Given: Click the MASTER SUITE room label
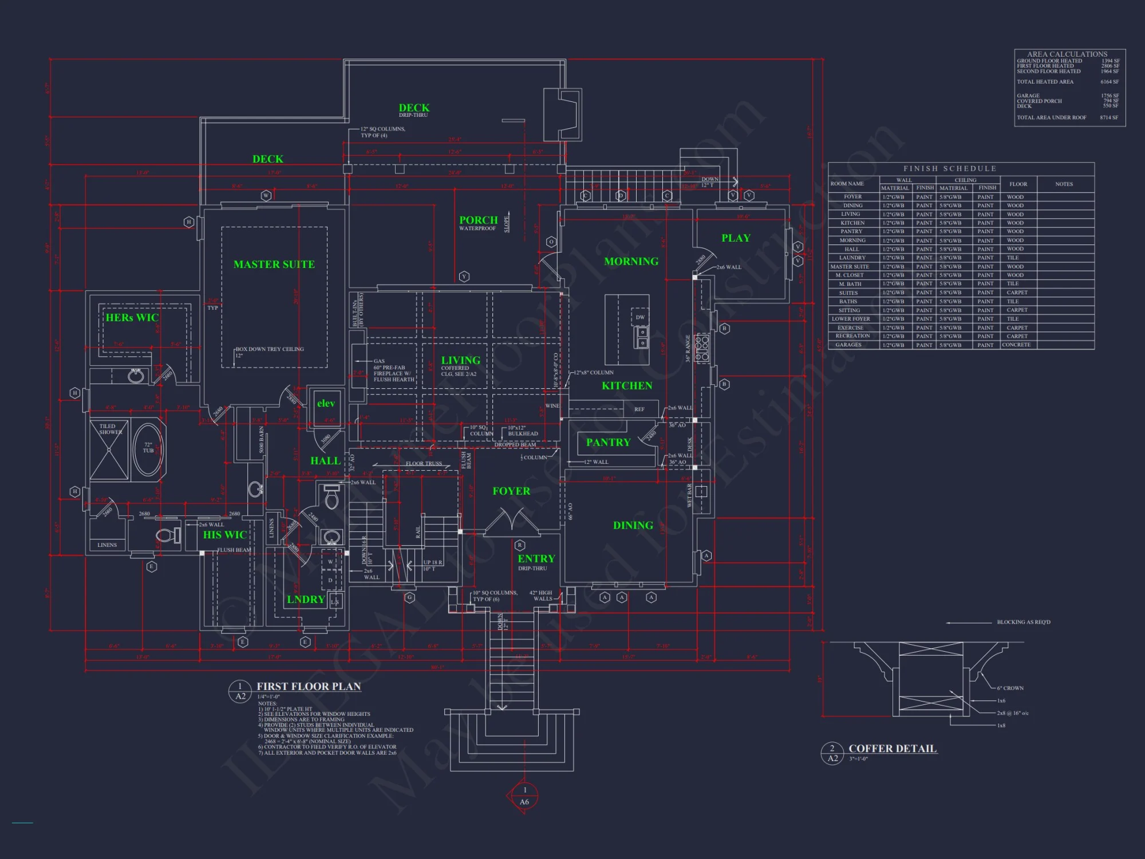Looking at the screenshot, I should click(274, 264).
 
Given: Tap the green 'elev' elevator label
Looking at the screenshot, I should click(326, 403).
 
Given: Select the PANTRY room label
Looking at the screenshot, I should click(608, 442).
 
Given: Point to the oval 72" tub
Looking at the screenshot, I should click(148, 449).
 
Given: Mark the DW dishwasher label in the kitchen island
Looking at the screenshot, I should click(640, 317).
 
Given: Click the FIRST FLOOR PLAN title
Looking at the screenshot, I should click(309, 686).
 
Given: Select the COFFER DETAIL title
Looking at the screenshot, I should click(893, 748).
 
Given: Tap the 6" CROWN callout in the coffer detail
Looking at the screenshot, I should click(1010, 688).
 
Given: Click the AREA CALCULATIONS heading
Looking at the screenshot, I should click(1067, 54).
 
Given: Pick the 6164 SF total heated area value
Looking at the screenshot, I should click(1109, 82).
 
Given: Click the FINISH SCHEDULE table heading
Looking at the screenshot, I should click(950, 168).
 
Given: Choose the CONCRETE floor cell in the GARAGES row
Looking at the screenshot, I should click(1016, 345).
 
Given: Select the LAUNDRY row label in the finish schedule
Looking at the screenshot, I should click(852, 258).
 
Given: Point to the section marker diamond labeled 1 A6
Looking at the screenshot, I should click(524, 796).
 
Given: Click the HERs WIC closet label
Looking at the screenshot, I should click(132, 317).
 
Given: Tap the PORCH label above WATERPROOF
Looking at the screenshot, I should click(478, 220).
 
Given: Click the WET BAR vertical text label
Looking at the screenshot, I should click(689, 495).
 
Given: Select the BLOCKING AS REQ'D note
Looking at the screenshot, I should click(1023, 622).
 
